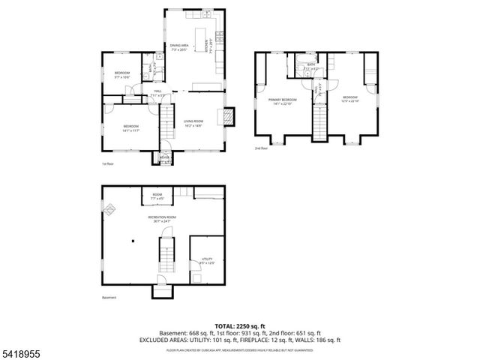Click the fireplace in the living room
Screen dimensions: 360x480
[x=229, y=116]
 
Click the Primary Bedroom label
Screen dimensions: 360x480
[x=283, y=101]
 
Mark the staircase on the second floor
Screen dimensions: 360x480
[x=321, y=121]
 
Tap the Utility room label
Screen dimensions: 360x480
[x=206, y=259]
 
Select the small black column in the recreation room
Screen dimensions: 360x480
[x=132, y=241]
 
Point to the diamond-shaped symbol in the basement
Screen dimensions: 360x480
[x=109, y=209]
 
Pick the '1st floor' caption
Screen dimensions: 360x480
[x=108, y=163]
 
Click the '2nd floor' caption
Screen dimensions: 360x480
[x=261, y=148]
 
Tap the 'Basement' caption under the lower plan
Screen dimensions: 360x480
[x=109, y=297]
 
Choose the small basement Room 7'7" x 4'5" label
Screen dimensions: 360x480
[x=157, y=196]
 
